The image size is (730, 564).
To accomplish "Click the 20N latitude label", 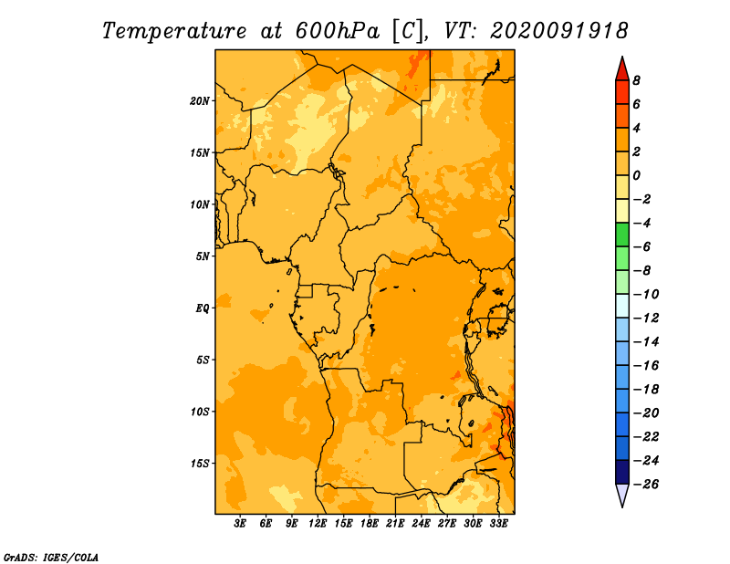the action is [x=200, y=101].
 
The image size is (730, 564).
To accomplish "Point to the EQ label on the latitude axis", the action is [x=202, y=308].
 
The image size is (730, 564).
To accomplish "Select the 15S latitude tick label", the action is [x=200, y=464].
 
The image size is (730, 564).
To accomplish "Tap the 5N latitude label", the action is [x=203, y=256].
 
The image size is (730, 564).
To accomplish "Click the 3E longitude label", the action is [x=240, y=524].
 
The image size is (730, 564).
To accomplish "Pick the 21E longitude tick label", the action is [x=395, y=524].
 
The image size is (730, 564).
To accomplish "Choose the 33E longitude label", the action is [x=498, y=524].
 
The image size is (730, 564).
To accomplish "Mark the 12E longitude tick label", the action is [x=317, y=524].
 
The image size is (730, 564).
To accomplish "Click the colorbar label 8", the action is [x=636, y=80].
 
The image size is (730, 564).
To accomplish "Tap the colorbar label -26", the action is [x=646, y=485].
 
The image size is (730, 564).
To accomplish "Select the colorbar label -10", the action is [x=646, y=295].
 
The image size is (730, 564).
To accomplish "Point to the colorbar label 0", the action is [x=636, y=175].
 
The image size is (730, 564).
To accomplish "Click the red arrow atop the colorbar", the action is [x=622, y=70].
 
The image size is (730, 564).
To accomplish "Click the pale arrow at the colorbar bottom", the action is [x=622, y=495].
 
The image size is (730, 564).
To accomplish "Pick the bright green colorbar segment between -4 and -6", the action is [x=622, y=235].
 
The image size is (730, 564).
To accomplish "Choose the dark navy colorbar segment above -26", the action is [x=622, y=472].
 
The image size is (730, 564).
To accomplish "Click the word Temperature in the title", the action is [x=174, y=31].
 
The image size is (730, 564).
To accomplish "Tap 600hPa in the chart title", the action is [x=338, y=31].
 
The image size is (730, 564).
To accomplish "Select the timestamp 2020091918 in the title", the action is [x=559, y=31].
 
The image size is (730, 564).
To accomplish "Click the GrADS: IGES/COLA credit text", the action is [x=51, y=558].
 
